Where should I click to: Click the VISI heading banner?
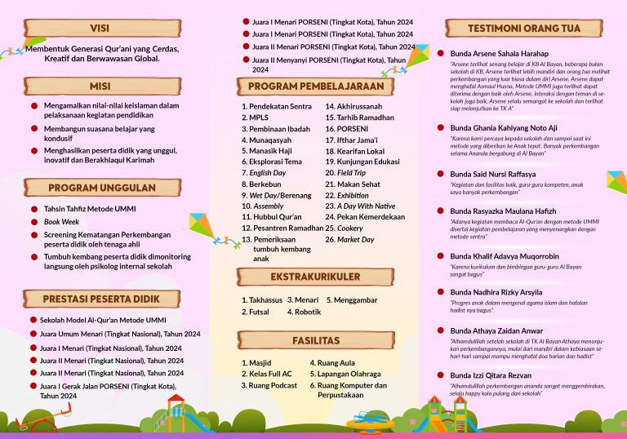[x=101, y=28]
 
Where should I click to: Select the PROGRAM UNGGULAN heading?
[x=101, y=188]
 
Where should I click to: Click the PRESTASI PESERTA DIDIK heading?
[x=101, y=299]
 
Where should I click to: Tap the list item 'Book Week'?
[x=61, y=221]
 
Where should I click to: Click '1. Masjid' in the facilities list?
[x=259, y=362]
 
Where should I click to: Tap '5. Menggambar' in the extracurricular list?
[x=353, y=299]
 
